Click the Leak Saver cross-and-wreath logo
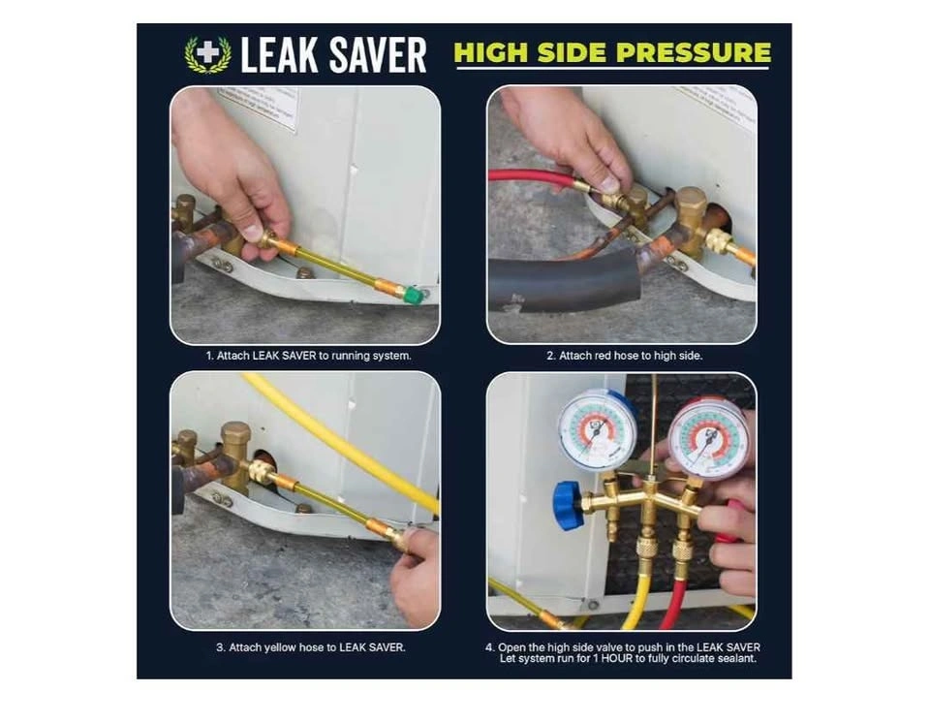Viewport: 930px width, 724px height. tap(207, 54)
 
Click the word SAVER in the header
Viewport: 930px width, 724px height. tap(378, 54)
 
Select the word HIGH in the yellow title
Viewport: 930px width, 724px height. tap(490, 52)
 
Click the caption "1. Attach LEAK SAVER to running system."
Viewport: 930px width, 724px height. tap(308, 356)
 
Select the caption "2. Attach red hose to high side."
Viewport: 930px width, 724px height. tap(625, 356)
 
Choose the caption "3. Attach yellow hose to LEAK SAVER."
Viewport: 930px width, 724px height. tap(311, 647)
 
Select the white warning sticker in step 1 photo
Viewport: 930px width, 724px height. tap(258, 109)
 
